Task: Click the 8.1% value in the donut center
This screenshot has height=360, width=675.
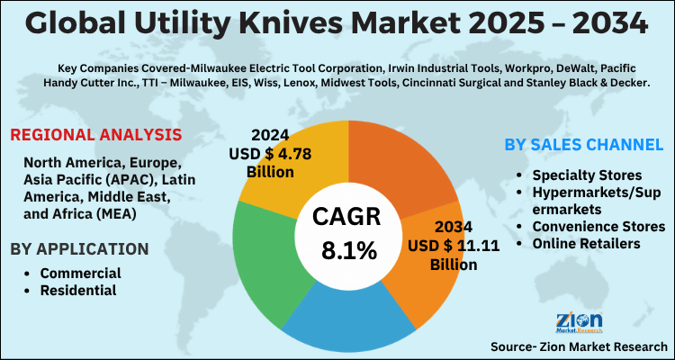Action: coord(347,251)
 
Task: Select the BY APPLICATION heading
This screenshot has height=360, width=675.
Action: coord(79,248)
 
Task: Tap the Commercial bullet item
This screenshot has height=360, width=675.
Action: coord(80,273)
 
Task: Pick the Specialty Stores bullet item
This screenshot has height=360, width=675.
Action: coord(587,174)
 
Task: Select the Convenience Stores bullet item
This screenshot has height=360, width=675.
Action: coord(598,226)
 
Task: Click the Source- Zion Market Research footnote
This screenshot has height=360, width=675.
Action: coord(579,346)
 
